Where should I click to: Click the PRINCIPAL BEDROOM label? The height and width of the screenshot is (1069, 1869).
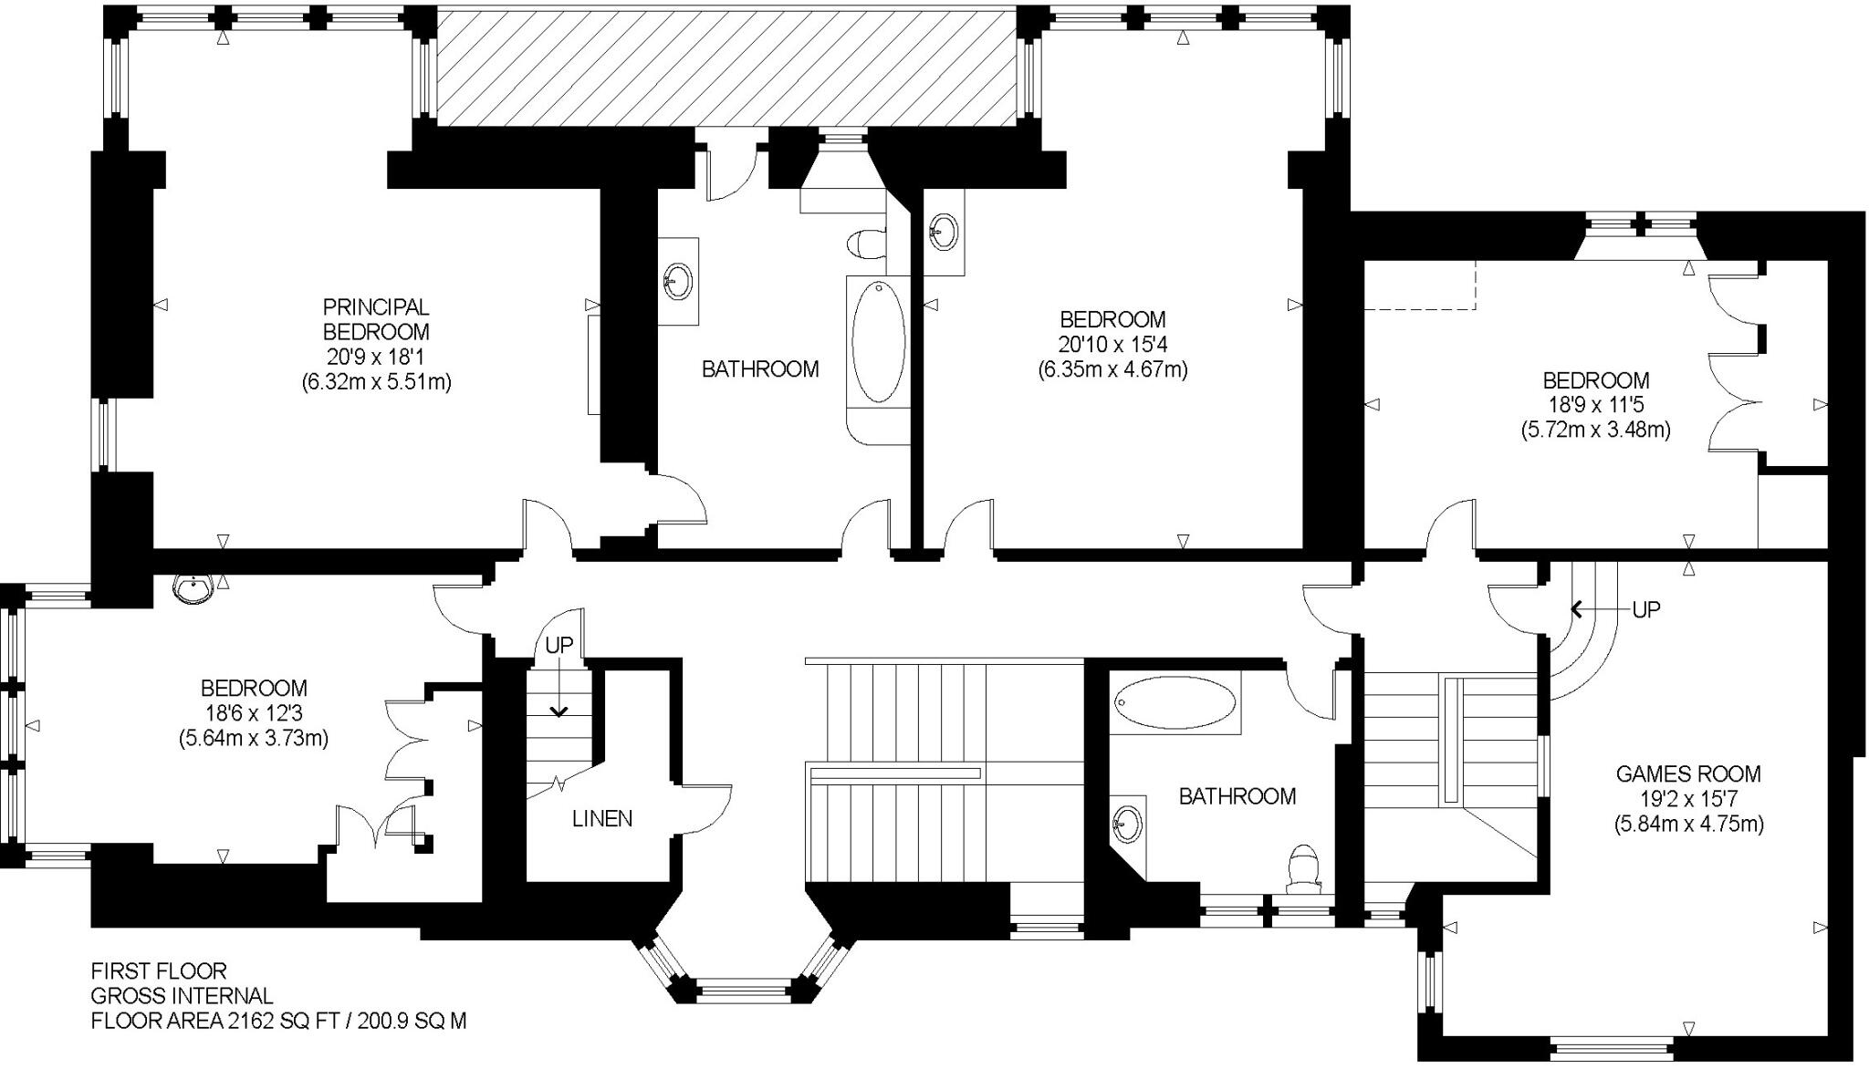coord(376,319)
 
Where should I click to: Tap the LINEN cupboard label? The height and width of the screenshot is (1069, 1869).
coord(602,818)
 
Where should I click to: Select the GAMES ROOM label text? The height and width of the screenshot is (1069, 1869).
coord(1687,773)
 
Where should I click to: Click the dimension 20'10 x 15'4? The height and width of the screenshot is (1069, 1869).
coord(1112,345)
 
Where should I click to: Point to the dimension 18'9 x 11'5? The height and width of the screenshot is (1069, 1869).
coord(1595,405)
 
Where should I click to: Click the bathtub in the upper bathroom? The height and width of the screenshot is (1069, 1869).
coord(878,342)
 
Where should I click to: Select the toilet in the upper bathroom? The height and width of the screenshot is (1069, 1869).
coord(865,244)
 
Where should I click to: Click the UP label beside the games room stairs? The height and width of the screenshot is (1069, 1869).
coord(1645,609)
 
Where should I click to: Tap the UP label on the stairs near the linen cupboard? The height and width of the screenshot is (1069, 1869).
coord(559,645)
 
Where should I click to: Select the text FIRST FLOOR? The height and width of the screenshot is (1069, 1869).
coord(158,970)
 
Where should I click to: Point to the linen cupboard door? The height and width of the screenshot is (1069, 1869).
coord(707,808)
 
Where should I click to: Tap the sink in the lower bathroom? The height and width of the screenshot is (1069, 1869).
coord(1128,825)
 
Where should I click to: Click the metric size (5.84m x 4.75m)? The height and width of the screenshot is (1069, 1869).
coord(1687,824)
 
